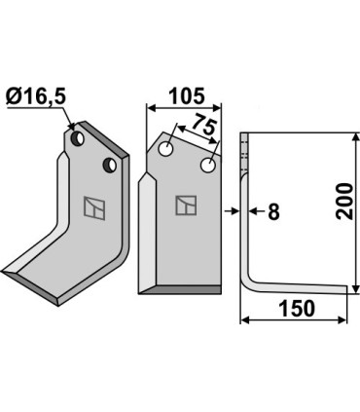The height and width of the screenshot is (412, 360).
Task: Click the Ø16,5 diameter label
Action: (36, 97)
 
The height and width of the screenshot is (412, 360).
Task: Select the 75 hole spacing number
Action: (204, 126)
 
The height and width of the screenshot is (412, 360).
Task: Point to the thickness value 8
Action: (273, 212)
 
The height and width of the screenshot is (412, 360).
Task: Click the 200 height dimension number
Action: (343, 202)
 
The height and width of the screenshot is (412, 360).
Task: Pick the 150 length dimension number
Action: (297, 309)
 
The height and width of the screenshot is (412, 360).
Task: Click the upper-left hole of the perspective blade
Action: (78, 138)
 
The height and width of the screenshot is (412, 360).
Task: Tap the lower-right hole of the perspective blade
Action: (110, 165)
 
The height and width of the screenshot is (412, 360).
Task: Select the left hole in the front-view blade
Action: (165, 149)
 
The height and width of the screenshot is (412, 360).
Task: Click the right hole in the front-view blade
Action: (208, 165)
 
